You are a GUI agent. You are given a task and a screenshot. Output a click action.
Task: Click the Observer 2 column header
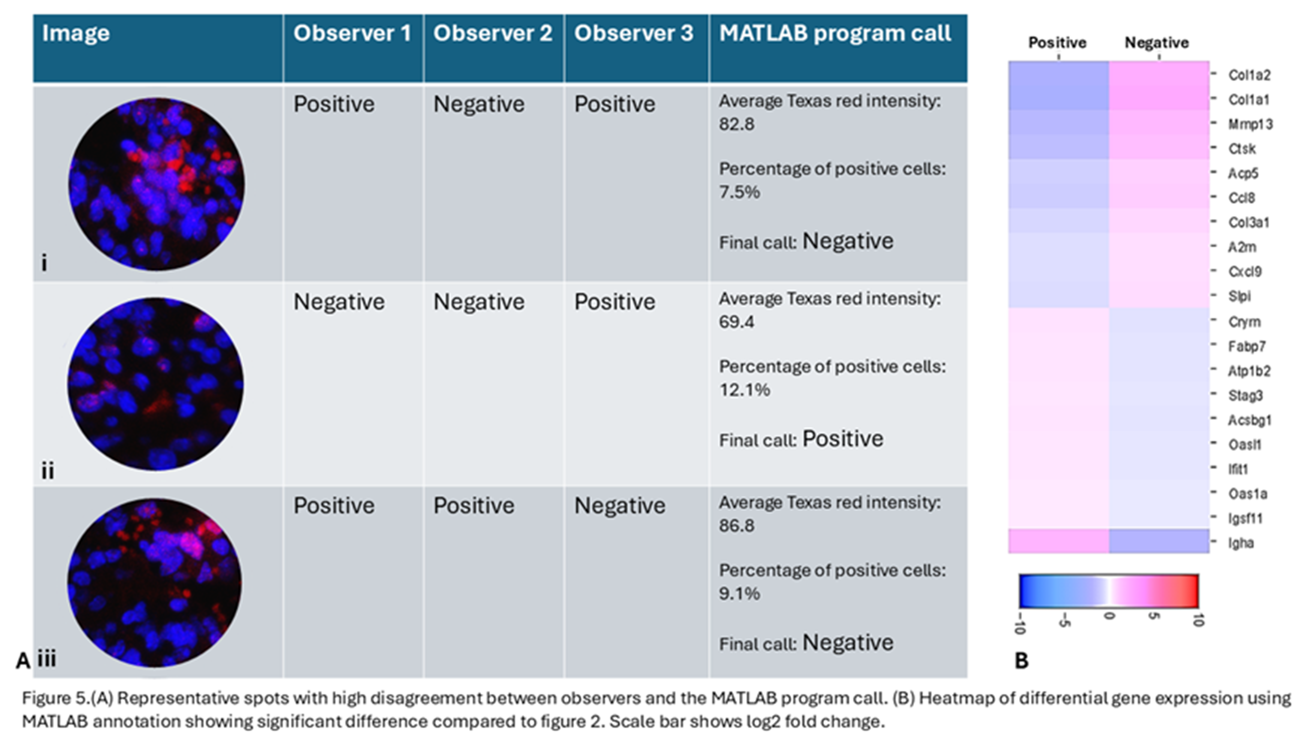(492, 33)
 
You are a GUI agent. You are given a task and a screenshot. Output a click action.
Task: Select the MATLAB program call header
(835, 33)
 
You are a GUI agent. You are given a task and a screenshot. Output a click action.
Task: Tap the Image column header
(76, 33)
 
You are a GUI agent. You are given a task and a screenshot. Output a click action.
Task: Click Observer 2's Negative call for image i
(478, 104)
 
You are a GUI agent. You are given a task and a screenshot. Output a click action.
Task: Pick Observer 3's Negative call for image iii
(619, 506)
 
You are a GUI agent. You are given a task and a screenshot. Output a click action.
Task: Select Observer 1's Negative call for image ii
(339, 302)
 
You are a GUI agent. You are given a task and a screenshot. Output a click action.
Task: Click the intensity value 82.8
(736, 124)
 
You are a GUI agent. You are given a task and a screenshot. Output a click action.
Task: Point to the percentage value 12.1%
(744, 390)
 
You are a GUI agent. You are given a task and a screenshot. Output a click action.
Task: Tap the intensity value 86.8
(736, 525)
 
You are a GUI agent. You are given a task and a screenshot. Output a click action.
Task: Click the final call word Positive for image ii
(842, 439)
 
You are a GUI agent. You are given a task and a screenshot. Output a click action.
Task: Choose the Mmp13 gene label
(1250, 124)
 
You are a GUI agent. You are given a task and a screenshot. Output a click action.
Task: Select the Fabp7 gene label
(1246, 347)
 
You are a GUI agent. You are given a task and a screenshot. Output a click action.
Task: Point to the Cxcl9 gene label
(1245, 272)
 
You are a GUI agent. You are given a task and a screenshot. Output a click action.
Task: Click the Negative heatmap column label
(1156, 43)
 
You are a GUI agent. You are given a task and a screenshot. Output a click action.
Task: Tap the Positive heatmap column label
(1057, 43)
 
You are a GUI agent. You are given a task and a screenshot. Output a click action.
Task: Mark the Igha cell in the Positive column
(1058, 541)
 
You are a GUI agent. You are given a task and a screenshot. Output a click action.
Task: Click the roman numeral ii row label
(48, 471)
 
